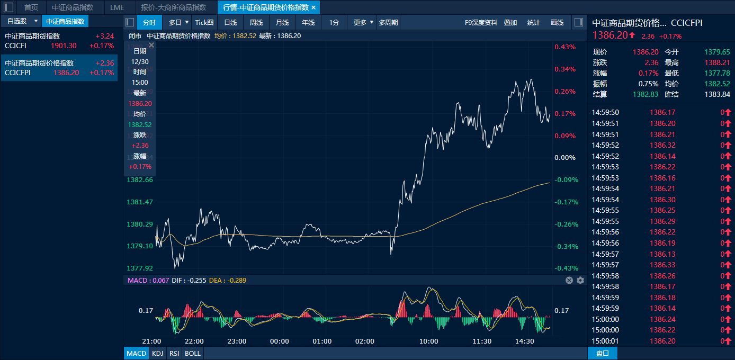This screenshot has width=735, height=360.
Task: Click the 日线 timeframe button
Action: point(230,22)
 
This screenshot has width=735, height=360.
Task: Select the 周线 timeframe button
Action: point(256,22)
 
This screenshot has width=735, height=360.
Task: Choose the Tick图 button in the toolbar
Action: point(204,22)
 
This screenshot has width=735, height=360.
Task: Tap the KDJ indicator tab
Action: point(158,353)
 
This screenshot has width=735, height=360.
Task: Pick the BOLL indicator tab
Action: point(192,353)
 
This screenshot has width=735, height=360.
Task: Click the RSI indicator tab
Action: point(174,353)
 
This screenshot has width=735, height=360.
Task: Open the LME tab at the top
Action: point(117,7)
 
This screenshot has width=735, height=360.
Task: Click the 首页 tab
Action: point(31,7)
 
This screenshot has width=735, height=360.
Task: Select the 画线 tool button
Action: point(557,22)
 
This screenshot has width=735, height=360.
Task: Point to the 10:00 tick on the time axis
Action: point(428,341)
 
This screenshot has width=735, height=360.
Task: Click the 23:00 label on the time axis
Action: point(237,341)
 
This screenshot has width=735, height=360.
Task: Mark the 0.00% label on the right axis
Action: point(565,158)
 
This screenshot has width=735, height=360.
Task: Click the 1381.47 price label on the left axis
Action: point(139,202)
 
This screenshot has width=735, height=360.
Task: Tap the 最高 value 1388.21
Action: point(718,62)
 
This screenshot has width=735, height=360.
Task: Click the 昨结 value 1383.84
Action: point(718,94)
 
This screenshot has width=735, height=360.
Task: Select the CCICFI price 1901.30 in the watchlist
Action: point(64,46)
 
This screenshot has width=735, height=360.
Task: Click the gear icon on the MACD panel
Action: point(580,280)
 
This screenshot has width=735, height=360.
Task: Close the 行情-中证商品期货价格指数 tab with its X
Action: point(313,7)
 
